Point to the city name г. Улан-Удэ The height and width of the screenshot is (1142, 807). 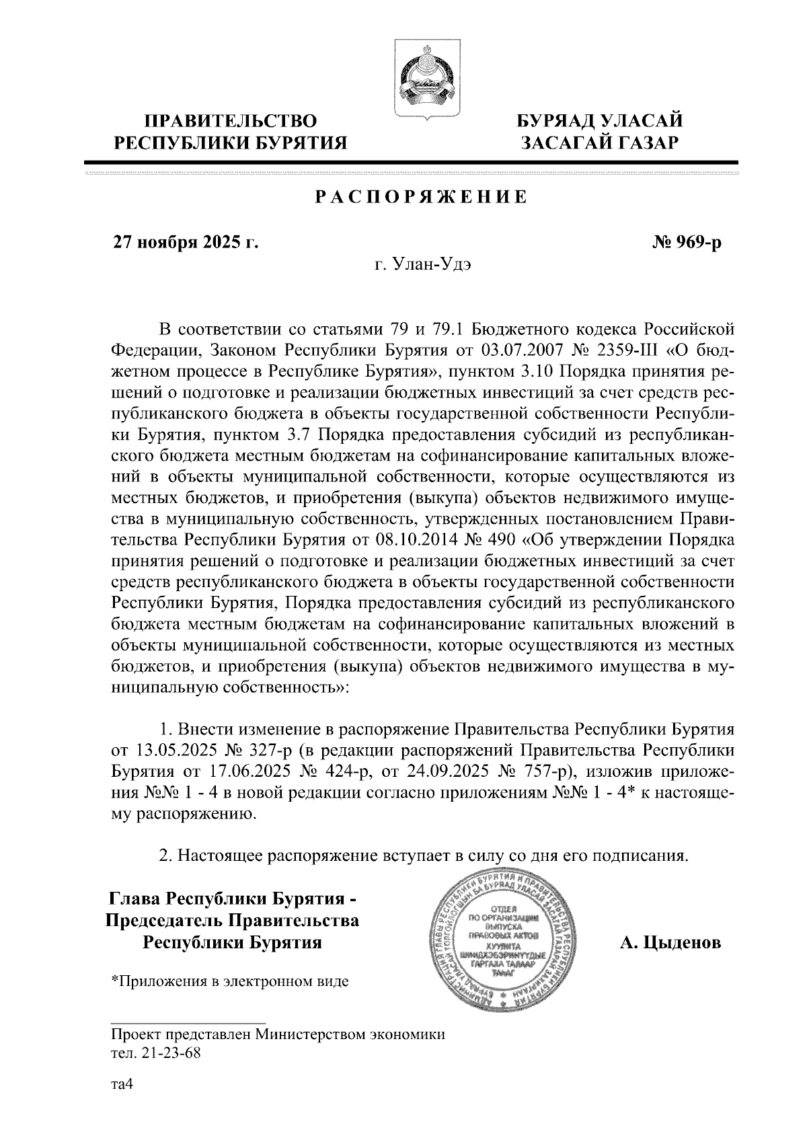click(423, 264)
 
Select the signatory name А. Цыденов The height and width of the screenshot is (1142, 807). click(670, 942)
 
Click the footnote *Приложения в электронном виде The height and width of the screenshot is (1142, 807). click(230, 981)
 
